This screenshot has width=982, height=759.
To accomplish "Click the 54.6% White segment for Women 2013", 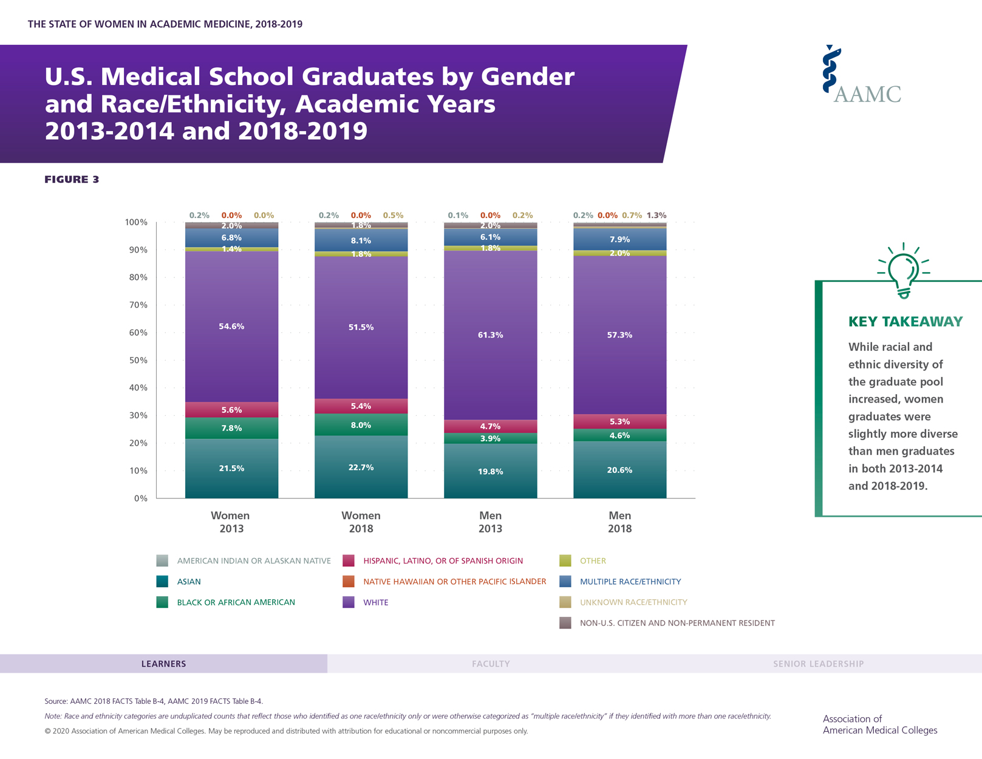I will [231, 327].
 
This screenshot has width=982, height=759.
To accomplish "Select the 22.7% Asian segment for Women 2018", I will [361, 468].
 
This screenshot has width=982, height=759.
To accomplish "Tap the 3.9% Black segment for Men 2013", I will [490, 438].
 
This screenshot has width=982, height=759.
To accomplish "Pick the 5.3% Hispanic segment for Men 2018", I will [619, 421].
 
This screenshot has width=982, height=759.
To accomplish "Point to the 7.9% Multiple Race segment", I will [619, 239].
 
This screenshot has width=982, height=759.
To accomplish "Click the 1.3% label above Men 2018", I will [656, 215].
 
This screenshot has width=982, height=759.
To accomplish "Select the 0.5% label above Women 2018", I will [393, 215].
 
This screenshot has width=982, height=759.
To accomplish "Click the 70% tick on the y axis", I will [137, 305].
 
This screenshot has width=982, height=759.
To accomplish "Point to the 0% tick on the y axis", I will [140, 499].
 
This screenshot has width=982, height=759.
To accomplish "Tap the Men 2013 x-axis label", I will [490, 522].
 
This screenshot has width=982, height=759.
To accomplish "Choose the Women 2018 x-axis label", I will [361, 522].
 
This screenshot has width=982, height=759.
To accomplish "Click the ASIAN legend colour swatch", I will [162, 581].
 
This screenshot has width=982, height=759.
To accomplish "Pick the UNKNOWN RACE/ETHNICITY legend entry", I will [633, 602].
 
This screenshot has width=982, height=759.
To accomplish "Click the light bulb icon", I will [904, 271].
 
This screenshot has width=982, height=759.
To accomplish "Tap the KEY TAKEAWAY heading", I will [905, 322].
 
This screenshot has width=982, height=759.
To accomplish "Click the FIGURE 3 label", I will [72, 179].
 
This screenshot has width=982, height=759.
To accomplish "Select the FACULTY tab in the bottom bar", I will [491, 664].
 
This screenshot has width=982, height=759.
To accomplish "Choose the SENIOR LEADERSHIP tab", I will [818, 664].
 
